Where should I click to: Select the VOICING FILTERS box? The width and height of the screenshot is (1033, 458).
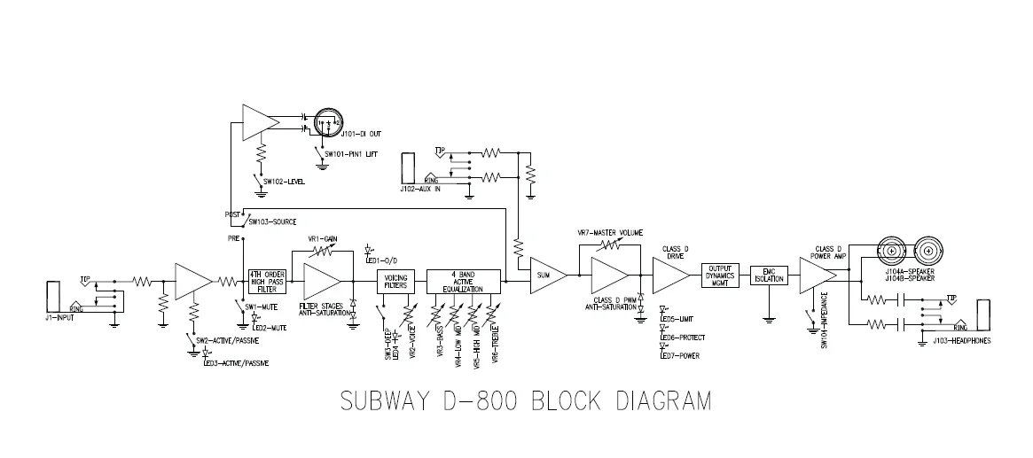(x=394, y=282)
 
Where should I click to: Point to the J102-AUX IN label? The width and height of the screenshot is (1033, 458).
(x=423, y=189)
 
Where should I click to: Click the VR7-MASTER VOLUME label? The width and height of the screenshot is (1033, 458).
(x=612, y=232)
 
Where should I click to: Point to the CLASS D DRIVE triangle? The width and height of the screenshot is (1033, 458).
(x=669, y=276)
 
